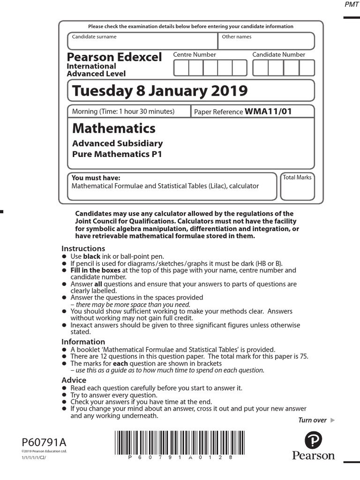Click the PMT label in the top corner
352,5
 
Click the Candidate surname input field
143,44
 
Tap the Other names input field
266,44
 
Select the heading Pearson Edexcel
114,57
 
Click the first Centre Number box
181,68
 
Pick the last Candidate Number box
307,68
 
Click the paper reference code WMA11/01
268,112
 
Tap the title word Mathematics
113,128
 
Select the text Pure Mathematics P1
117,154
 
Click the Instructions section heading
83,248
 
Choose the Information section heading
83,342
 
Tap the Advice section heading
74,380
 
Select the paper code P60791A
44,442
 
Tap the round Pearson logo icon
313,441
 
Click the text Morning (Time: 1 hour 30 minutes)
123,112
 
